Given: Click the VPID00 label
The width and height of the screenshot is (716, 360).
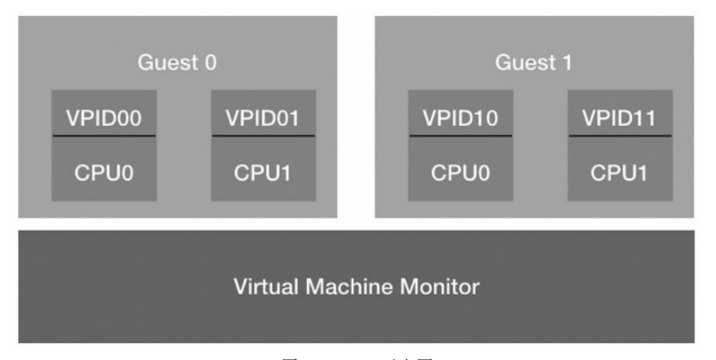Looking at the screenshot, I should click(x=103, y=118).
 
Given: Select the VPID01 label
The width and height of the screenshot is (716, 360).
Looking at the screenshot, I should click(x=264, y=118).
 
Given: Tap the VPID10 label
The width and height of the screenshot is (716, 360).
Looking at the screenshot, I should click(x=461, y=118).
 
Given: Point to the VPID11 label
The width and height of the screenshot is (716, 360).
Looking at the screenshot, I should click(x=620, y=118).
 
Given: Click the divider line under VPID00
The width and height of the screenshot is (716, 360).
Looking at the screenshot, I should click(x=103, y=136).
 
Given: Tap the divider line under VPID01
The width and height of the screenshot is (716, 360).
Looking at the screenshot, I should click(x=264, y=136).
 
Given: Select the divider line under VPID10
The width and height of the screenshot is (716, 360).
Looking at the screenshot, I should click(x=461, y=136).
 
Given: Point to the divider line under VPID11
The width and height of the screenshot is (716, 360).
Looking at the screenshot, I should click(x=620, y=136).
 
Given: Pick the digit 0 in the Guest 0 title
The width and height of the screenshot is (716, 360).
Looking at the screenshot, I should click(x=211, y=63).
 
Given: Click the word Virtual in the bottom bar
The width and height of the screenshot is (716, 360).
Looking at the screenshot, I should click(x=263, y=286).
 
